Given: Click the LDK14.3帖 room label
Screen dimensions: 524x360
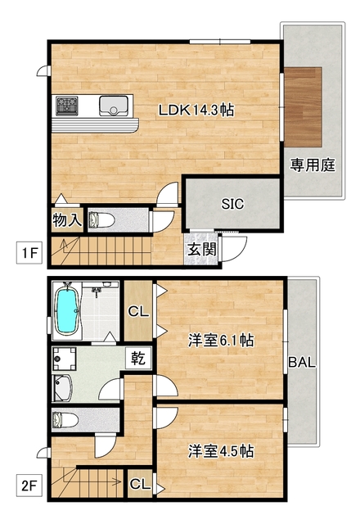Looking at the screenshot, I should pos(196,110).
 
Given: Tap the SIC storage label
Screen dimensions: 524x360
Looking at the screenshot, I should pos(232,204).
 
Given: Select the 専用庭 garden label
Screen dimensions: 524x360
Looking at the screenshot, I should pos(313,165).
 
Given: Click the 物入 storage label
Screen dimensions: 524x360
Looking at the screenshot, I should pos(67,219).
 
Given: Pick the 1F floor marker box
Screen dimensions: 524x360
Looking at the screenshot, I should pos(29,253).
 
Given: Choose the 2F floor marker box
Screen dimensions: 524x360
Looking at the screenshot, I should pos(29,485).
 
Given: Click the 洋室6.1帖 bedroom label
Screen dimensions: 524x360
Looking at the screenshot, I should pos(220,340).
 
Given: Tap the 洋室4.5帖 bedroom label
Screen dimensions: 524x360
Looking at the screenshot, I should pos(220,450).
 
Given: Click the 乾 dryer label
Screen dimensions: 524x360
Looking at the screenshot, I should pos(137,358).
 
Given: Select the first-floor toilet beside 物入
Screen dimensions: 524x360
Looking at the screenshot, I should pos(101,219).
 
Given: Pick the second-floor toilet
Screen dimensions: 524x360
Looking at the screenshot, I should pos(65,421).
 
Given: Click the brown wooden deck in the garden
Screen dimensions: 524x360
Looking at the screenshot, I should pos(304,104).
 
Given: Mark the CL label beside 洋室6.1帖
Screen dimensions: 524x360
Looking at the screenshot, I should pos(137,311).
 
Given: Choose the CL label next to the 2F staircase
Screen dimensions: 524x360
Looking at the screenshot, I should pos(140,484).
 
